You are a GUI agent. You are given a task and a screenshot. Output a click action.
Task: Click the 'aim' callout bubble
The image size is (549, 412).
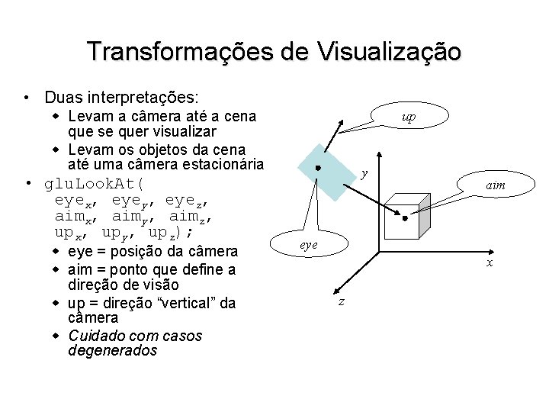[495, 185]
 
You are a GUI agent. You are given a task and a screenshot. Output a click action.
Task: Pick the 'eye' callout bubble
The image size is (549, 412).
[309, 245]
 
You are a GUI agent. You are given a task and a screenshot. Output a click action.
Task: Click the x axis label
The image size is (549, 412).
[490, 264]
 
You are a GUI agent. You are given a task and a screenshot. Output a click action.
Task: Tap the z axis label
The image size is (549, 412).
[341, 302]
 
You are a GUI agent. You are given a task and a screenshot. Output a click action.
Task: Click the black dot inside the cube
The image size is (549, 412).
[405, 217]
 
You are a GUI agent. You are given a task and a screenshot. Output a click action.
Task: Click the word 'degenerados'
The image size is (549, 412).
[112, 351]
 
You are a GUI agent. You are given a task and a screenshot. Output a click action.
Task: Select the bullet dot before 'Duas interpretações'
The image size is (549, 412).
[27, 98]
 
